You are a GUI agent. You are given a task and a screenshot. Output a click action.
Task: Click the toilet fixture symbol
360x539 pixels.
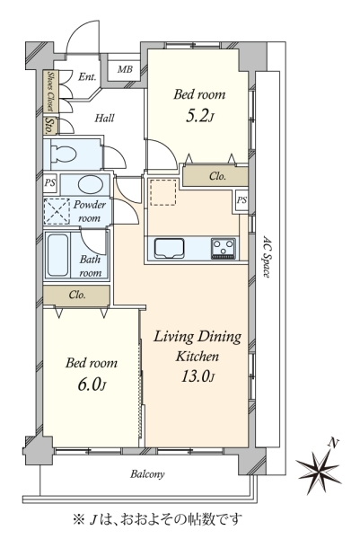click(63, 154)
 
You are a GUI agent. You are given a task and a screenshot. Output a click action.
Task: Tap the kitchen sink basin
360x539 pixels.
click(169, 248)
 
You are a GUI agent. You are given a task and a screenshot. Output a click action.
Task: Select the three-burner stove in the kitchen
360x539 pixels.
click(223, 248)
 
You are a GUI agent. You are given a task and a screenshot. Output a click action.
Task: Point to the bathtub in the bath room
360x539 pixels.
click(57, 255)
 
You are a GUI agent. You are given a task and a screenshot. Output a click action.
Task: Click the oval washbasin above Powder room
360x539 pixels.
click(91, 185)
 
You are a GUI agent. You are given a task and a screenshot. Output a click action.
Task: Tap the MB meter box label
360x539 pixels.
click(125, 69)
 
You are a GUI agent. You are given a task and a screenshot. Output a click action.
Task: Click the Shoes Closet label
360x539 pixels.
click(50, 91)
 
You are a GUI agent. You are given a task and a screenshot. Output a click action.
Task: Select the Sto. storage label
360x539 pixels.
click(50, 126)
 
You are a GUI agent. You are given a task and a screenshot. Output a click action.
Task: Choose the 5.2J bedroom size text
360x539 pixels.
click(199, 116)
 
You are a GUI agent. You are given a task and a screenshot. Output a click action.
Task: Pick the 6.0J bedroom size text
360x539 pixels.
click(91, 384)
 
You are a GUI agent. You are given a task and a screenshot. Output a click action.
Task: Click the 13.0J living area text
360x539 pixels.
click(198, 376)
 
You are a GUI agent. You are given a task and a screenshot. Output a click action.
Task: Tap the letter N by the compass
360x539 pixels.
click(332, 444)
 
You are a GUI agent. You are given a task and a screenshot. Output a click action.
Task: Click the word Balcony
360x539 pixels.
click(147, 474)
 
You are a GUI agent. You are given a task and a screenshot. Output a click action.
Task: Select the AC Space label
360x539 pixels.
click(267, 256)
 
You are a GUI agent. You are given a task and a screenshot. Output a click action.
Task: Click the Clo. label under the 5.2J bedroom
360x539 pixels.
click(218, 176)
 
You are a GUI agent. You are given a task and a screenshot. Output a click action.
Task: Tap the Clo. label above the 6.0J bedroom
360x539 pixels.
click(77, 295)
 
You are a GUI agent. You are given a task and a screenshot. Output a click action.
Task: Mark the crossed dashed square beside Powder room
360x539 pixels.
click(57, 211)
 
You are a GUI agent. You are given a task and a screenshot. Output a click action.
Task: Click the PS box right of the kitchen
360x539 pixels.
click(241, 199)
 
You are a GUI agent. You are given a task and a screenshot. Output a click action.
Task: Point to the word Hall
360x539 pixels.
click(104, 119)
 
